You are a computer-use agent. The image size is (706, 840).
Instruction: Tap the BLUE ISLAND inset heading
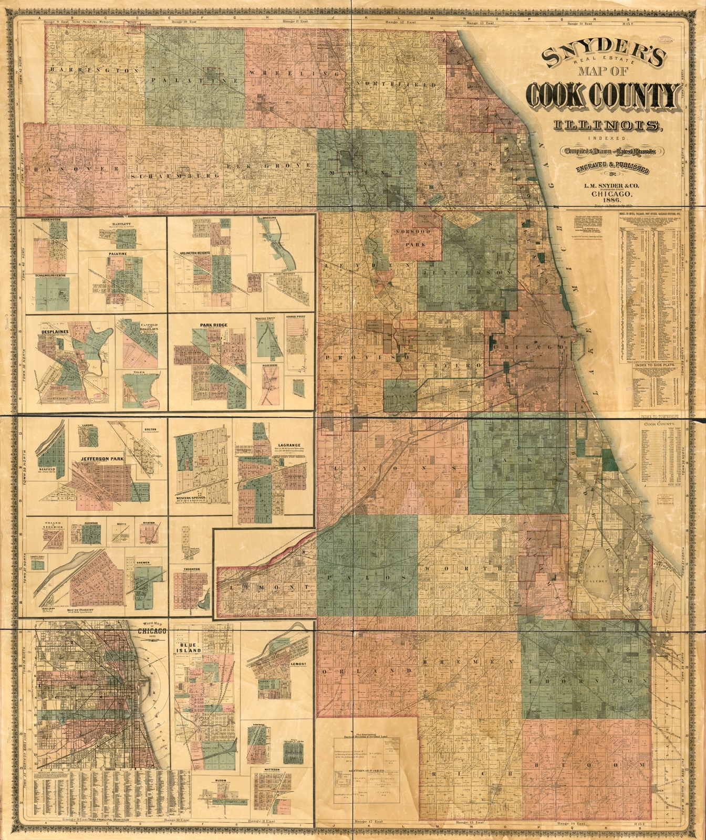pos(186,648)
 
